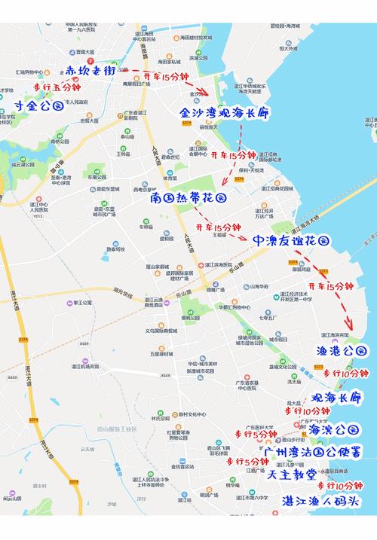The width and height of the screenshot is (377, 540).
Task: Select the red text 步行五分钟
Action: point(57,88)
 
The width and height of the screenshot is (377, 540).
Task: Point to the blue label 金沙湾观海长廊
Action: point(224,112)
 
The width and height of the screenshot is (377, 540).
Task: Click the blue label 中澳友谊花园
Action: point(291,241)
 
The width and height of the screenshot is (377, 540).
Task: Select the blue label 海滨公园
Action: point(335,429)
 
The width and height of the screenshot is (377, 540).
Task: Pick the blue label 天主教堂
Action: point(291,476)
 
